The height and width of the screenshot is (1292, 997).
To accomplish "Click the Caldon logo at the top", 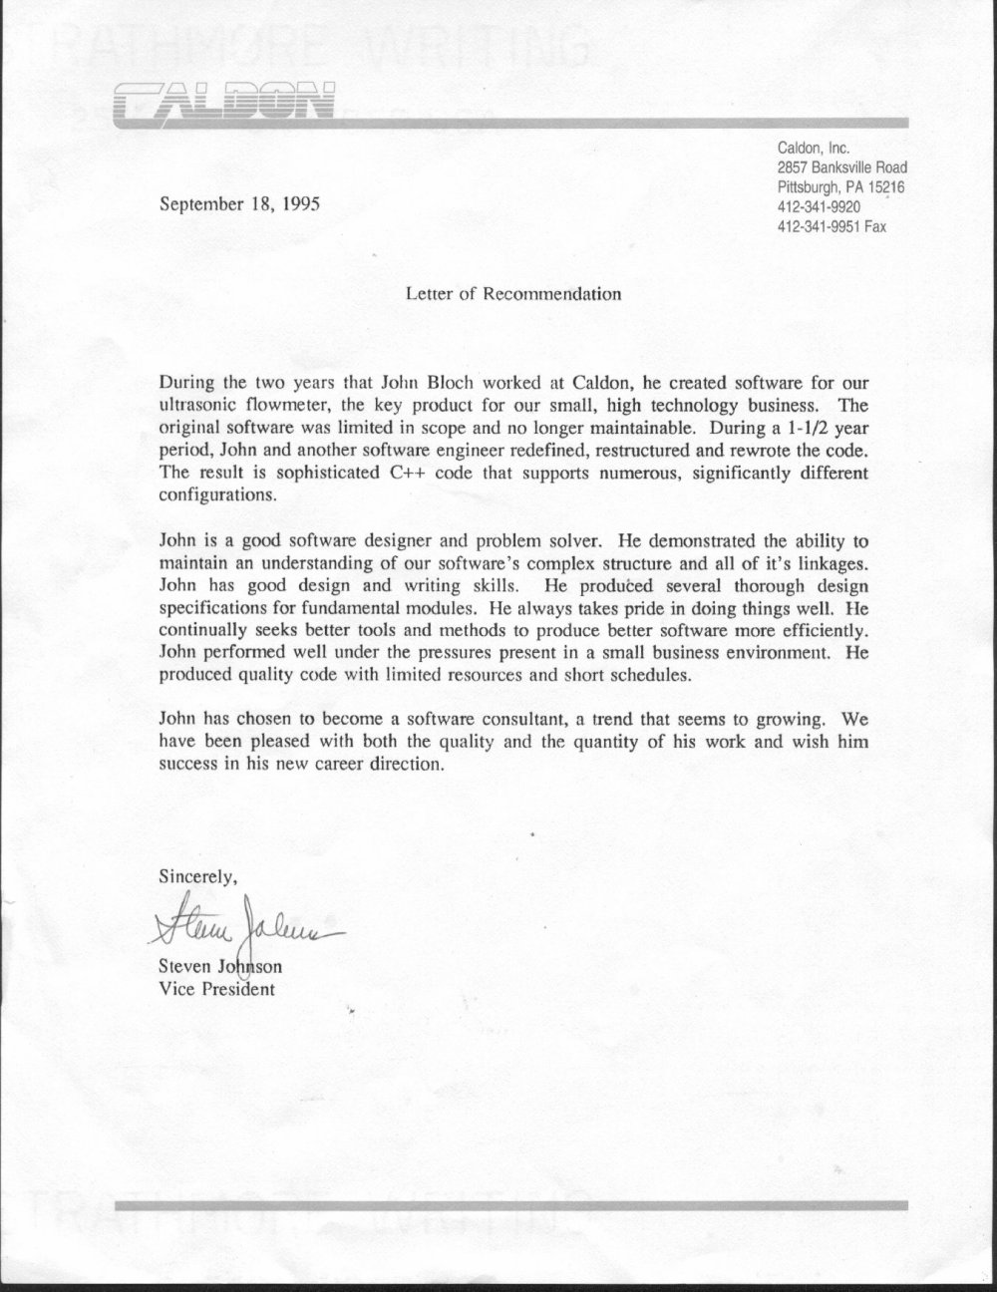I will pos(224,102).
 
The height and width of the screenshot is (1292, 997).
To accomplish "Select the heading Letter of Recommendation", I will pos(513,294).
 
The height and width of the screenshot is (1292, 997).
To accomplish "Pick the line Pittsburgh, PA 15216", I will pos(840,187).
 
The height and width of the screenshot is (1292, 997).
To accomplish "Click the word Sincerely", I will pos(197,878).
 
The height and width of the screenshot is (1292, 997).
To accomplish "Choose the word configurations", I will pos(213,494).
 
